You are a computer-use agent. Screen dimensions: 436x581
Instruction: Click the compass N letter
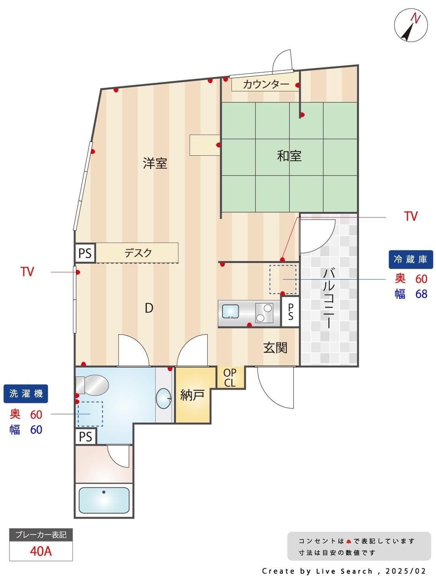coord(416,19)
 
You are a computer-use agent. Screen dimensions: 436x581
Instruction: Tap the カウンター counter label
coord(266,85)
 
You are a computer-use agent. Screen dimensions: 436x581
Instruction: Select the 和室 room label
coord(289,156)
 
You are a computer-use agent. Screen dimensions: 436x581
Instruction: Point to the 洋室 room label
coord(155,163)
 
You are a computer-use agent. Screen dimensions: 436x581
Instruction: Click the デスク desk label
coord(138,253)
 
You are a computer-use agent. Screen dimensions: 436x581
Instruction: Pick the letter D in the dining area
coord(149,308)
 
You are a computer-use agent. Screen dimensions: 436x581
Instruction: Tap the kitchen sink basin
coord(230,311)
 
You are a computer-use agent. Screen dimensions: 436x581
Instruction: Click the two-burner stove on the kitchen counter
coord(264,313)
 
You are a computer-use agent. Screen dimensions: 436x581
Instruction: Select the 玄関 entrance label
coord(275,348)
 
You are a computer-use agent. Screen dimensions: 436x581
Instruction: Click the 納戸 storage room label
coord(192,395)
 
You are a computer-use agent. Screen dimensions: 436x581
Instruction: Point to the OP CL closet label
coord(229,378)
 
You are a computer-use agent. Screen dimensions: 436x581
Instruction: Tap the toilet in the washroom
coord(92,384)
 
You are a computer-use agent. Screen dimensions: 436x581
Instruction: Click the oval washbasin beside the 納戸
coord(163,399)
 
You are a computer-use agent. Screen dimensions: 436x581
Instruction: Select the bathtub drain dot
coord(104,492)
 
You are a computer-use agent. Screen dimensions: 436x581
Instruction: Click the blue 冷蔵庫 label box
coord(411,259)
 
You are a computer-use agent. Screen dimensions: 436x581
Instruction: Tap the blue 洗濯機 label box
coord(26,394)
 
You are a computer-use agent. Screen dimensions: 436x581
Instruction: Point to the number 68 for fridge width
coord(421,294)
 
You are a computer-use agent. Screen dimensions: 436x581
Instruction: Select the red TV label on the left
coord(27,271)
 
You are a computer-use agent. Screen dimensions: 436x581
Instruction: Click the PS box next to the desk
coord(85,253)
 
